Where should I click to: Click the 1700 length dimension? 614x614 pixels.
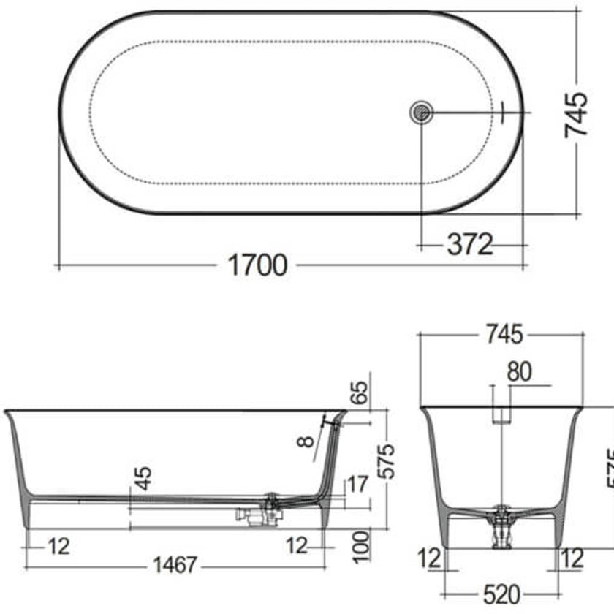click(258, 265)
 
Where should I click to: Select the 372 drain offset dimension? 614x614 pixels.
click(469, 244)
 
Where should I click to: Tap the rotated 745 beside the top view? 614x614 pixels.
click(576, 114)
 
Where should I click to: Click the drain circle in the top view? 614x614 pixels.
click(422, 113)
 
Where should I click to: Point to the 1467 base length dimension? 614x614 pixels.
click(175, 565)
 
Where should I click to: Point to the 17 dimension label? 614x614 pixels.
click(358, 485)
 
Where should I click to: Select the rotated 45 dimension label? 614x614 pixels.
click(144, 477)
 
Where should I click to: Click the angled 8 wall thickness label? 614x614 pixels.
click(306, 441)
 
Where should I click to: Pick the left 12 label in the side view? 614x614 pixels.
click(61, 545)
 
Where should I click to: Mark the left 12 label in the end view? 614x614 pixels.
click(431, 558)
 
